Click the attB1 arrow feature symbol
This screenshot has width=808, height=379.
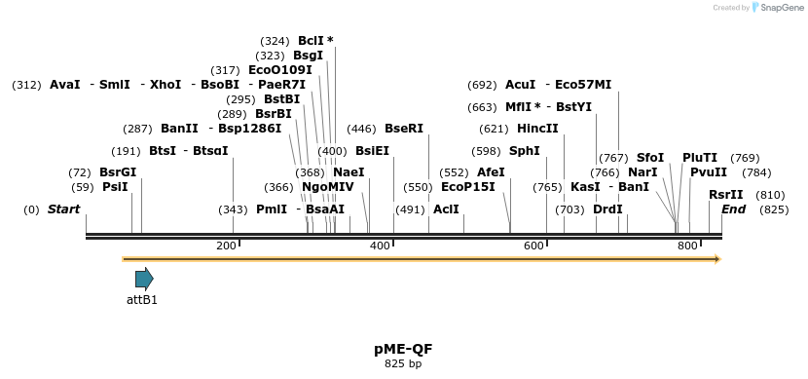tap(144, 279)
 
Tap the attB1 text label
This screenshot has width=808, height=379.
tap(142, 300)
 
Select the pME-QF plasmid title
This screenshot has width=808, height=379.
tap(403, 349)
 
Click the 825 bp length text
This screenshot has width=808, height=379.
tap(403, 364)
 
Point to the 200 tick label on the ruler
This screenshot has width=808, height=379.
tap(226, 246)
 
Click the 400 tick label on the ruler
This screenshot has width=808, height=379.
tap(380, 246)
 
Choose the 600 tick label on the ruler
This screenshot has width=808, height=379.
tap(533, 246)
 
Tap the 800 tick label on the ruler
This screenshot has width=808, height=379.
tap(687, 246)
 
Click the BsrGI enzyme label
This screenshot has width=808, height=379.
tap(118, 172)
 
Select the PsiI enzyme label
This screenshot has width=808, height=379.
tap(115, 187)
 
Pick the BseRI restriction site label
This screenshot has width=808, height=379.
tap(404, 129)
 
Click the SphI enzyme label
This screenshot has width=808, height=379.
tap(524, 151)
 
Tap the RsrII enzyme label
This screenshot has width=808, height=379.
tap(726, 195)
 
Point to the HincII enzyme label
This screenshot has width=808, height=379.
tap(537, 129)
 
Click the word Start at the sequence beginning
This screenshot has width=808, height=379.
tap(63, 209)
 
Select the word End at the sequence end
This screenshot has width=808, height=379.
tap(733, 209)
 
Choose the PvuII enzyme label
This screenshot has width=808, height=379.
tap(709, 172)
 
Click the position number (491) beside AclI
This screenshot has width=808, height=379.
tap(410, 209)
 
